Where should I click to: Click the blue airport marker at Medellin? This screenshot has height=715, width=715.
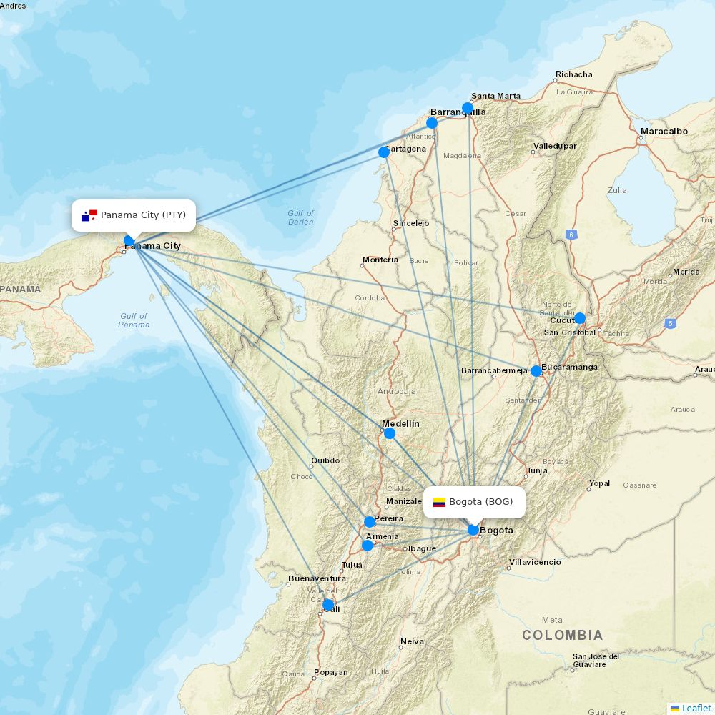click(389, 433)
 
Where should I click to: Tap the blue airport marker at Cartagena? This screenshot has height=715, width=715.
click(383, 152)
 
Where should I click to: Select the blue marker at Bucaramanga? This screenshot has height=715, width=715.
click(536, 370)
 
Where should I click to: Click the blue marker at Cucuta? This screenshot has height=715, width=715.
click(579, 318)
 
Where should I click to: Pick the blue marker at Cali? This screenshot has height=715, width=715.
click(328, 606)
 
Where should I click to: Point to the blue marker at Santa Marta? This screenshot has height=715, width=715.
click(467, 108)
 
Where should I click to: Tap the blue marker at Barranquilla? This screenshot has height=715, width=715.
click(432, 123)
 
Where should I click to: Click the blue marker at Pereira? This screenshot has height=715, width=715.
click(370, 522)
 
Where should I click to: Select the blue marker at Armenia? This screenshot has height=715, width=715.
click(368, 546)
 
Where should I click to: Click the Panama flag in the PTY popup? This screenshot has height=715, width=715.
click(89, 215)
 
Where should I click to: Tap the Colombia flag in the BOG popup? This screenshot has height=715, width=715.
click(439, 502)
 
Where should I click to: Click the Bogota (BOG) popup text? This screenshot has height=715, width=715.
click(480, 502)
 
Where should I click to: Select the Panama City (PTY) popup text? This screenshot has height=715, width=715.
click(143, 215)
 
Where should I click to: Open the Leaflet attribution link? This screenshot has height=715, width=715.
click(696, 708)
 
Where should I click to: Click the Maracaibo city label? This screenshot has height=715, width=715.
click(664, 132)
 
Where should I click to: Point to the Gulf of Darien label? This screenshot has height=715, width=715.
click(300, 217)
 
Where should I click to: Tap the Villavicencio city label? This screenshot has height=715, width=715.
click(535, 562)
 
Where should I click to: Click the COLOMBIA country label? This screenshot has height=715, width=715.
click(562, 635)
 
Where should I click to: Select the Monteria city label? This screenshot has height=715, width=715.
click(380, 260)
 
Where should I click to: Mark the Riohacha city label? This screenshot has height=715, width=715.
click(573, 74)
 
